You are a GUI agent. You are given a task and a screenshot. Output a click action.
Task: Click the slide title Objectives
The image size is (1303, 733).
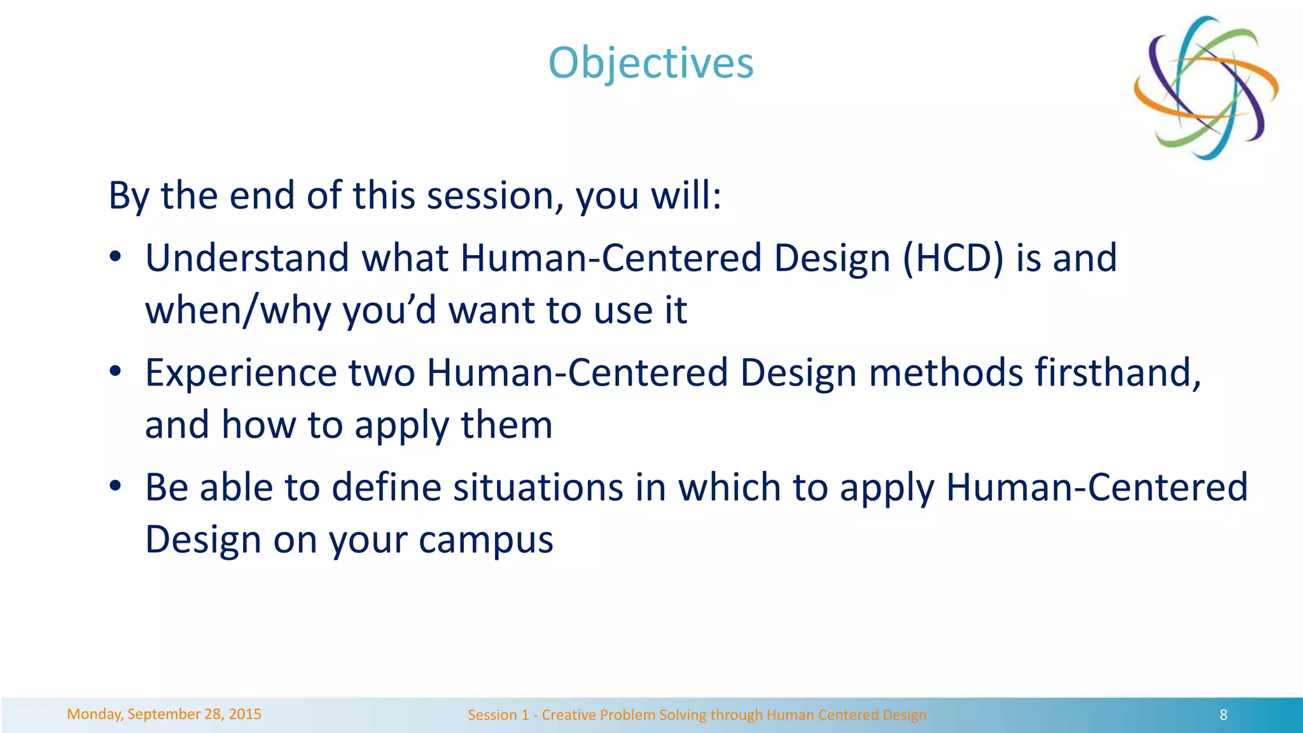tap(651, 64)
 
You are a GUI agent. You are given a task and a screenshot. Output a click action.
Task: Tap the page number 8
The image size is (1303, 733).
tap(1223, 715)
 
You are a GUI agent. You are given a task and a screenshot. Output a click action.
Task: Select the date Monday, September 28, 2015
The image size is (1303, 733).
tap(164, 714)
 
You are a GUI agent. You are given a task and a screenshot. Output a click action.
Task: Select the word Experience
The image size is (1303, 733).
tap(240, 373)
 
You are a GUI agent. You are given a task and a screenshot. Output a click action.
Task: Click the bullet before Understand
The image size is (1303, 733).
tap(115, 257)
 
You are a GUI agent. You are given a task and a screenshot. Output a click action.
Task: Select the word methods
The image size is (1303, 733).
tap(945, 373)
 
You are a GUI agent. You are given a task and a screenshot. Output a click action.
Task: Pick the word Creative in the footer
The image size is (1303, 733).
tap(567, 715)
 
